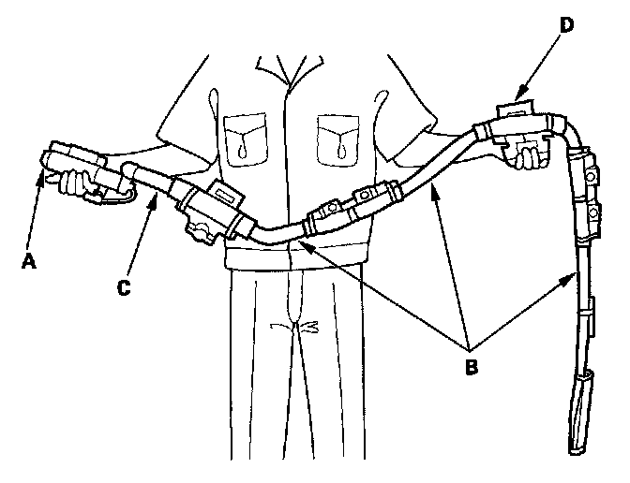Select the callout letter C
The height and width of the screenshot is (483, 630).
(x=122, y=288)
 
